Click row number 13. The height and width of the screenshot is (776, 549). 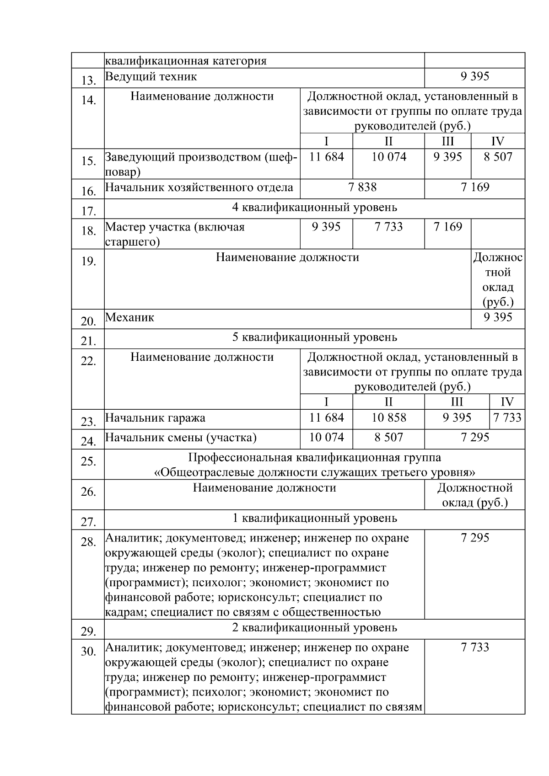88,81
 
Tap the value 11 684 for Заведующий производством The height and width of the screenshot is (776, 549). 326,157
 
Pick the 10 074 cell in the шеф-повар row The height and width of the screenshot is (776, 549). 388,157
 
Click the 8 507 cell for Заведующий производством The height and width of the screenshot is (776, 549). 498,157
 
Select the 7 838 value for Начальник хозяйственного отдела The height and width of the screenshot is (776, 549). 362,187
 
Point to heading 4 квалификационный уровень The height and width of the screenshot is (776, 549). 314,208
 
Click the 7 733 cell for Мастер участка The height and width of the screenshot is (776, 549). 388,227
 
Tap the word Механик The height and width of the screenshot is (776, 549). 129,317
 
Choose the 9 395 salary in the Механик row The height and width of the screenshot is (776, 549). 498,317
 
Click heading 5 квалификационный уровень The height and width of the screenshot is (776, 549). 314,337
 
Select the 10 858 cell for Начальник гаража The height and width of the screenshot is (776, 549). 388,417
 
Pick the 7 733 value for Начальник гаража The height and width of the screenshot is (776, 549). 507,417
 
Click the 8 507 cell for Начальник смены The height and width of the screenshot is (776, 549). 388,438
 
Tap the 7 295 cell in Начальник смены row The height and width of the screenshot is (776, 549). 474,438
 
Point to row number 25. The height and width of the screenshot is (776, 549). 88,461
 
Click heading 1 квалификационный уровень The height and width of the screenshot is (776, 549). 314,518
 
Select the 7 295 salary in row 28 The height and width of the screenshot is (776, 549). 474,538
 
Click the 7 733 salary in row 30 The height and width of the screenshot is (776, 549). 474,648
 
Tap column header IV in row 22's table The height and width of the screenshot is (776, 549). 507,402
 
